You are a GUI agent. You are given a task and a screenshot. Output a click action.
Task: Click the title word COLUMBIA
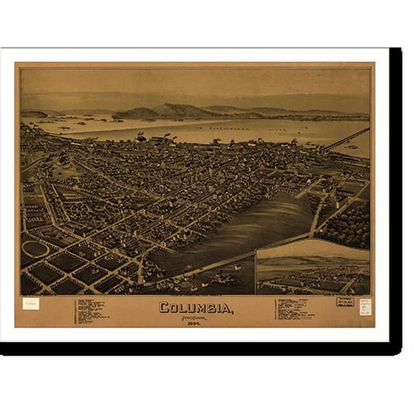tap(195, 309)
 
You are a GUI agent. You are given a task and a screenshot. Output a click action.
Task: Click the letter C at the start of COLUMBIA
tap(163, 309)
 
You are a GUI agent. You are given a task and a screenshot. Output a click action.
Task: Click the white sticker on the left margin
tap(31, 304)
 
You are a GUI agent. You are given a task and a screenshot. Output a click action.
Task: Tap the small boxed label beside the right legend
tap(344, 303)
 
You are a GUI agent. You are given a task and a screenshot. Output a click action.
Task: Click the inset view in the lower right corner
tap(313, 267)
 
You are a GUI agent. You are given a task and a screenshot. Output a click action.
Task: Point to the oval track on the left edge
tap(34, 249)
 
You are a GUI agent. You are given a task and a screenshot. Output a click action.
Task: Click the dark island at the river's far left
tap(33, 114)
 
